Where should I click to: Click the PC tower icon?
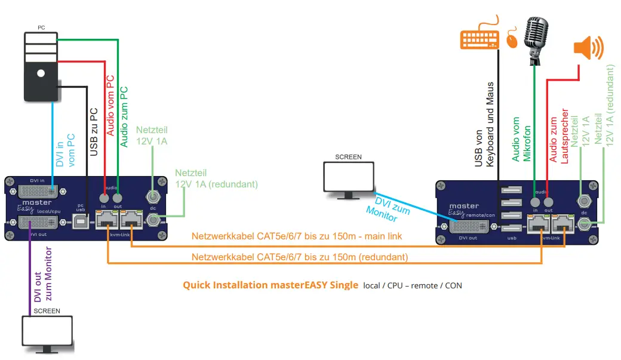(x=41, y=66)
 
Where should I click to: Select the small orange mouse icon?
(x=512, y=40)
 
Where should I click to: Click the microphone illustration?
(x=535, y=39)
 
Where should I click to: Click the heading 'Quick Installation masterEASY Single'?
(x=270, y=285)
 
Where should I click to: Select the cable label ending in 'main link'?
(x=297, y=236)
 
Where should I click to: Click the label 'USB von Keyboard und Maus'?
(x=485, y=125)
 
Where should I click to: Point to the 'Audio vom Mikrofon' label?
(x=522, y=139)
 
